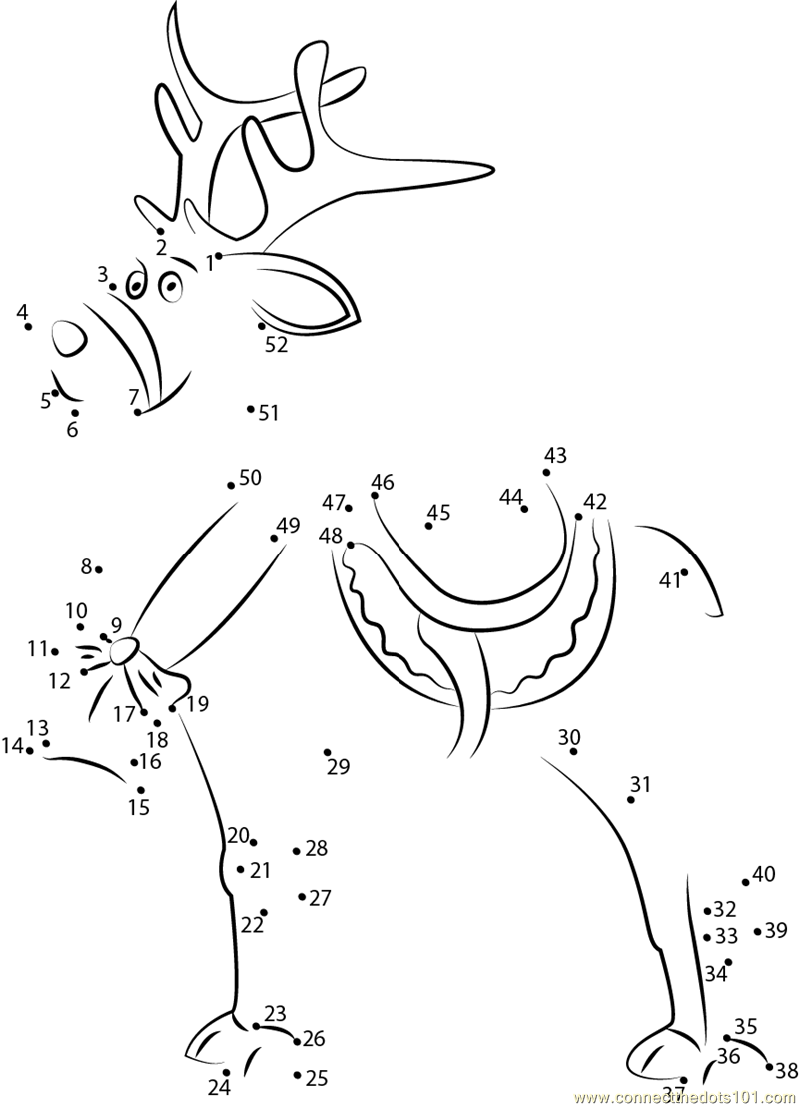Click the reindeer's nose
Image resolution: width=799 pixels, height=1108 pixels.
[69, 338]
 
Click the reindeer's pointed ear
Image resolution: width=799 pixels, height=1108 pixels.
[304, 291]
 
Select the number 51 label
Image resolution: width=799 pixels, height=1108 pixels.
[269, 412]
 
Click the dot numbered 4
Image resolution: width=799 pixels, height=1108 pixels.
[28, 327]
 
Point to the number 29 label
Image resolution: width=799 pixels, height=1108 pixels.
[339, 766]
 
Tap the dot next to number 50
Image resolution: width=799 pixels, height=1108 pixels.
[231, 485]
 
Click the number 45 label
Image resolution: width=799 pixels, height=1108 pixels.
[439, 512]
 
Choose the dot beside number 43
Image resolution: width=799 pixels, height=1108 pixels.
[546, 472]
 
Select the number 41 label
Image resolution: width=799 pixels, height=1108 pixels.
[669, 580]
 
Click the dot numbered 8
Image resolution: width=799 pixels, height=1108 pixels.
[99, 569]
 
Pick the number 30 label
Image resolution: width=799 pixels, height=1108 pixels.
[569, 737]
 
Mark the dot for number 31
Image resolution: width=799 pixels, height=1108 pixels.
[631, 800]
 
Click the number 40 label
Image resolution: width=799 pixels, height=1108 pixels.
[764, 875]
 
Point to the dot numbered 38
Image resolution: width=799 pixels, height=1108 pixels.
[769, 1067]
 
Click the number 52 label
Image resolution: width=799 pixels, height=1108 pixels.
[277, 345]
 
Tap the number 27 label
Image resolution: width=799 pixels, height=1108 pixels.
[320, 898]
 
